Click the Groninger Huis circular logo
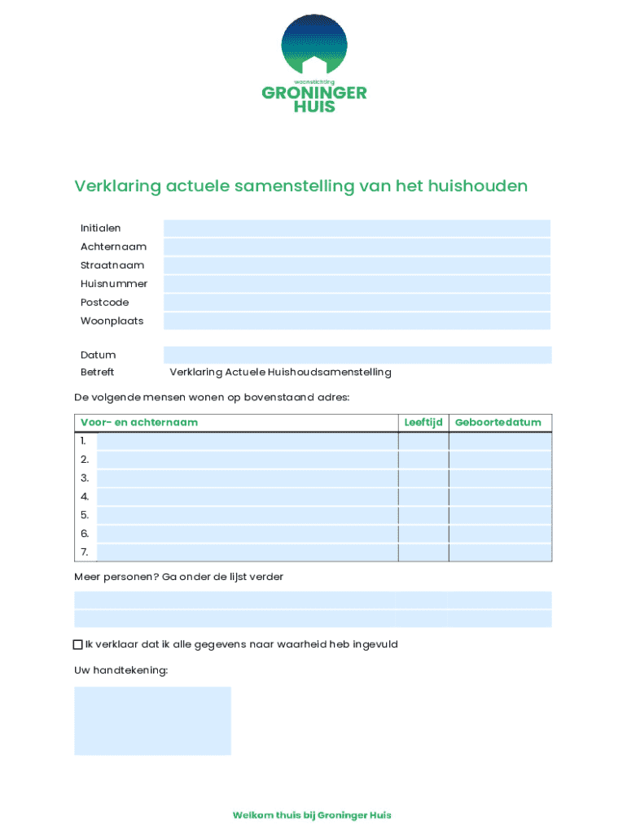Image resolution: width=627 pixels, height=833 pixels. tap(313, 45)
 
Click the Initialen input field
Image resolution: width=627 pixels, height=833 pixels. tap(357, 229)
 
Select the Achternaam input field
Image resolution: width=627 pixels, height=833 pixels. tap(357, 247)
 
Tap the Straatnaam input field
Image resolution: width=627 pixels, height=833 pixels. tap(357, 265)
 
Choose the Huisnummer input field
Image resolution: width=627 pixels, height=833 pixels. tap(357, 284)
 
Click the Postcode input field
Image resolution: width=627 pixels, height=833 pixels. tap(357, 303)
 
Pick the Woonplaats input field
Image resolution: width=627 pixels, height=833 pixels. tap(357, 321)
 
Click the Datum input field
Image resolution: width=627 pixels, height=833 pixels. tap(357, 355)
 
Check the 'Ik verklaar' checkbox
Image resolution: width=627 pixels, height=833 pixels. tap(78, 645)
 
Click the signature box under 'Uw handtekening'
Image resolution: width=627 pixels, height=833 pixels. tap(152, 721)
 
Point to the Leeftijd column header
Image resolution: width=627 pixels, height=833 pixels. tap(423, 422)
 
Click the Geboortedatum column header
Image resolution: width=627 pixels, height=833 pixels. tap(498, 422)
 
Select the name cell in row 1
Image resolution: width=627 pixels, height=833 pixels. tap(247, 441)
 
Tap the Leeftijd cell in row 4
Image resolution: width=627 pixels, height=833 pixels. tap(423, 496)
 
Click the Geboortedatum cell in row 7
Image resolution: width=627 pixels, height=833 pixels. tap(500, 552)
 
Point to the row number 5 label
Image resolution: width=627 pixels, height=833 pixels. tap(85, 515)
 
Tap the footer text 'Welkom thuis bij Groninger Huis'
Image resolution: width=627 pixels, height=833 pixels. tap(312, 815)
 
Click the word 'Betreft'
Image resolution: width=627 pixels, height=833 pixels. tap(97, 373)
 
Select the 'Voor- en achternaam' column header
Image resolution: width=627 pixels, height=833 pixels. tap(138, 422)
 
